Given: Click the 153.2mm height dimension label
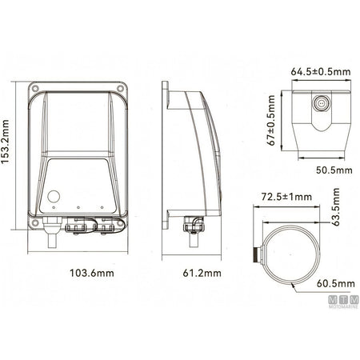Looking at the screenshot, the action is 6,142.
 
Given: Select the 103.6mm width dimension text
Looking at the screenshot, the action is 92,273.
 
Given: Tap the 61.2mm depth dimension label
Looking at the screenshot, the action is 202,273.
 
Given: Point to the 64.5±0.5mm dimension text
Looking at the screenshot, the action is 321,71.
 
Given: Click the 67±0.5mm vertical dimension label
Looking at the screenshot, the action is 271,120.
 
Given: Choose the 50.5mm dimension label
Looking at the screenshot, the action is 334,170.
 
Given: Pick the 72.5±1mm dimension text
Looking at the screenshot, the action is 286,197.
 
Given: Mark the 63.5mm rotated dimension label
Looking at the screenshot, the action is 336,207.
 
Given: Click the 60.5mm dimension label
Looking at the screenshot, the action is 336,283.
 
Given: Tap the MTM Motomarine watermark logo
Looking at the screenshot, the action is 343,302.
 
